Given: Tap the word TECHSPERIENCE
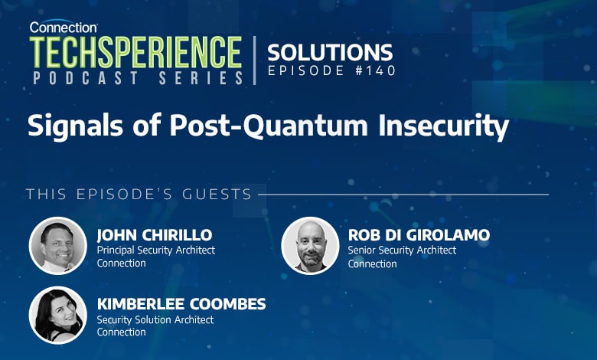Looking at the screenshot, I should [136, 52].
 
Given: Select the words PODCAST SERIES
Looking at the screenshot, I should [137, 78].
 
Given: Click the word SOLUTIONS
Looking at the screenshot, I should [330, 52].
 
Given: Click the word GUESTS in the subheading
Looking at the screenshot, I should [217, 194].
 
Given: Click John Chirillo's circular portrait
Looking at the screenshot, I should [58, 246].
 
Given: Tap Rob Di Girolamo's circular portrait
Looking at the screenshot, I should [310, 246].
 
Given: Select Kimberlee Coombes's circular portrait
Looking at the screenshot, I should [58, 315].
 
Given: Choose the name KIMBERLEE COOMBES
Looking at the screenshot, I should [181, 304].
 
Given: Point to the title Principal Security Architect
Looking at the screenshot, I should [156, 250].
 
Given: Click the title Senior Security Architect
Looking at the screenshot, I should [402, 250].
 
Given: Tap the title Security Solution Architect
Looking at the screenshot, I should [155, 319].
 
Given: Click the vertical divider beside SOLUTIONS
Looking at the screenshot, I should [255, 60].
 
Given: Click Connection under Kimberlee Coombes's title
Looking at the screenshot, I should [121, 332].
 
